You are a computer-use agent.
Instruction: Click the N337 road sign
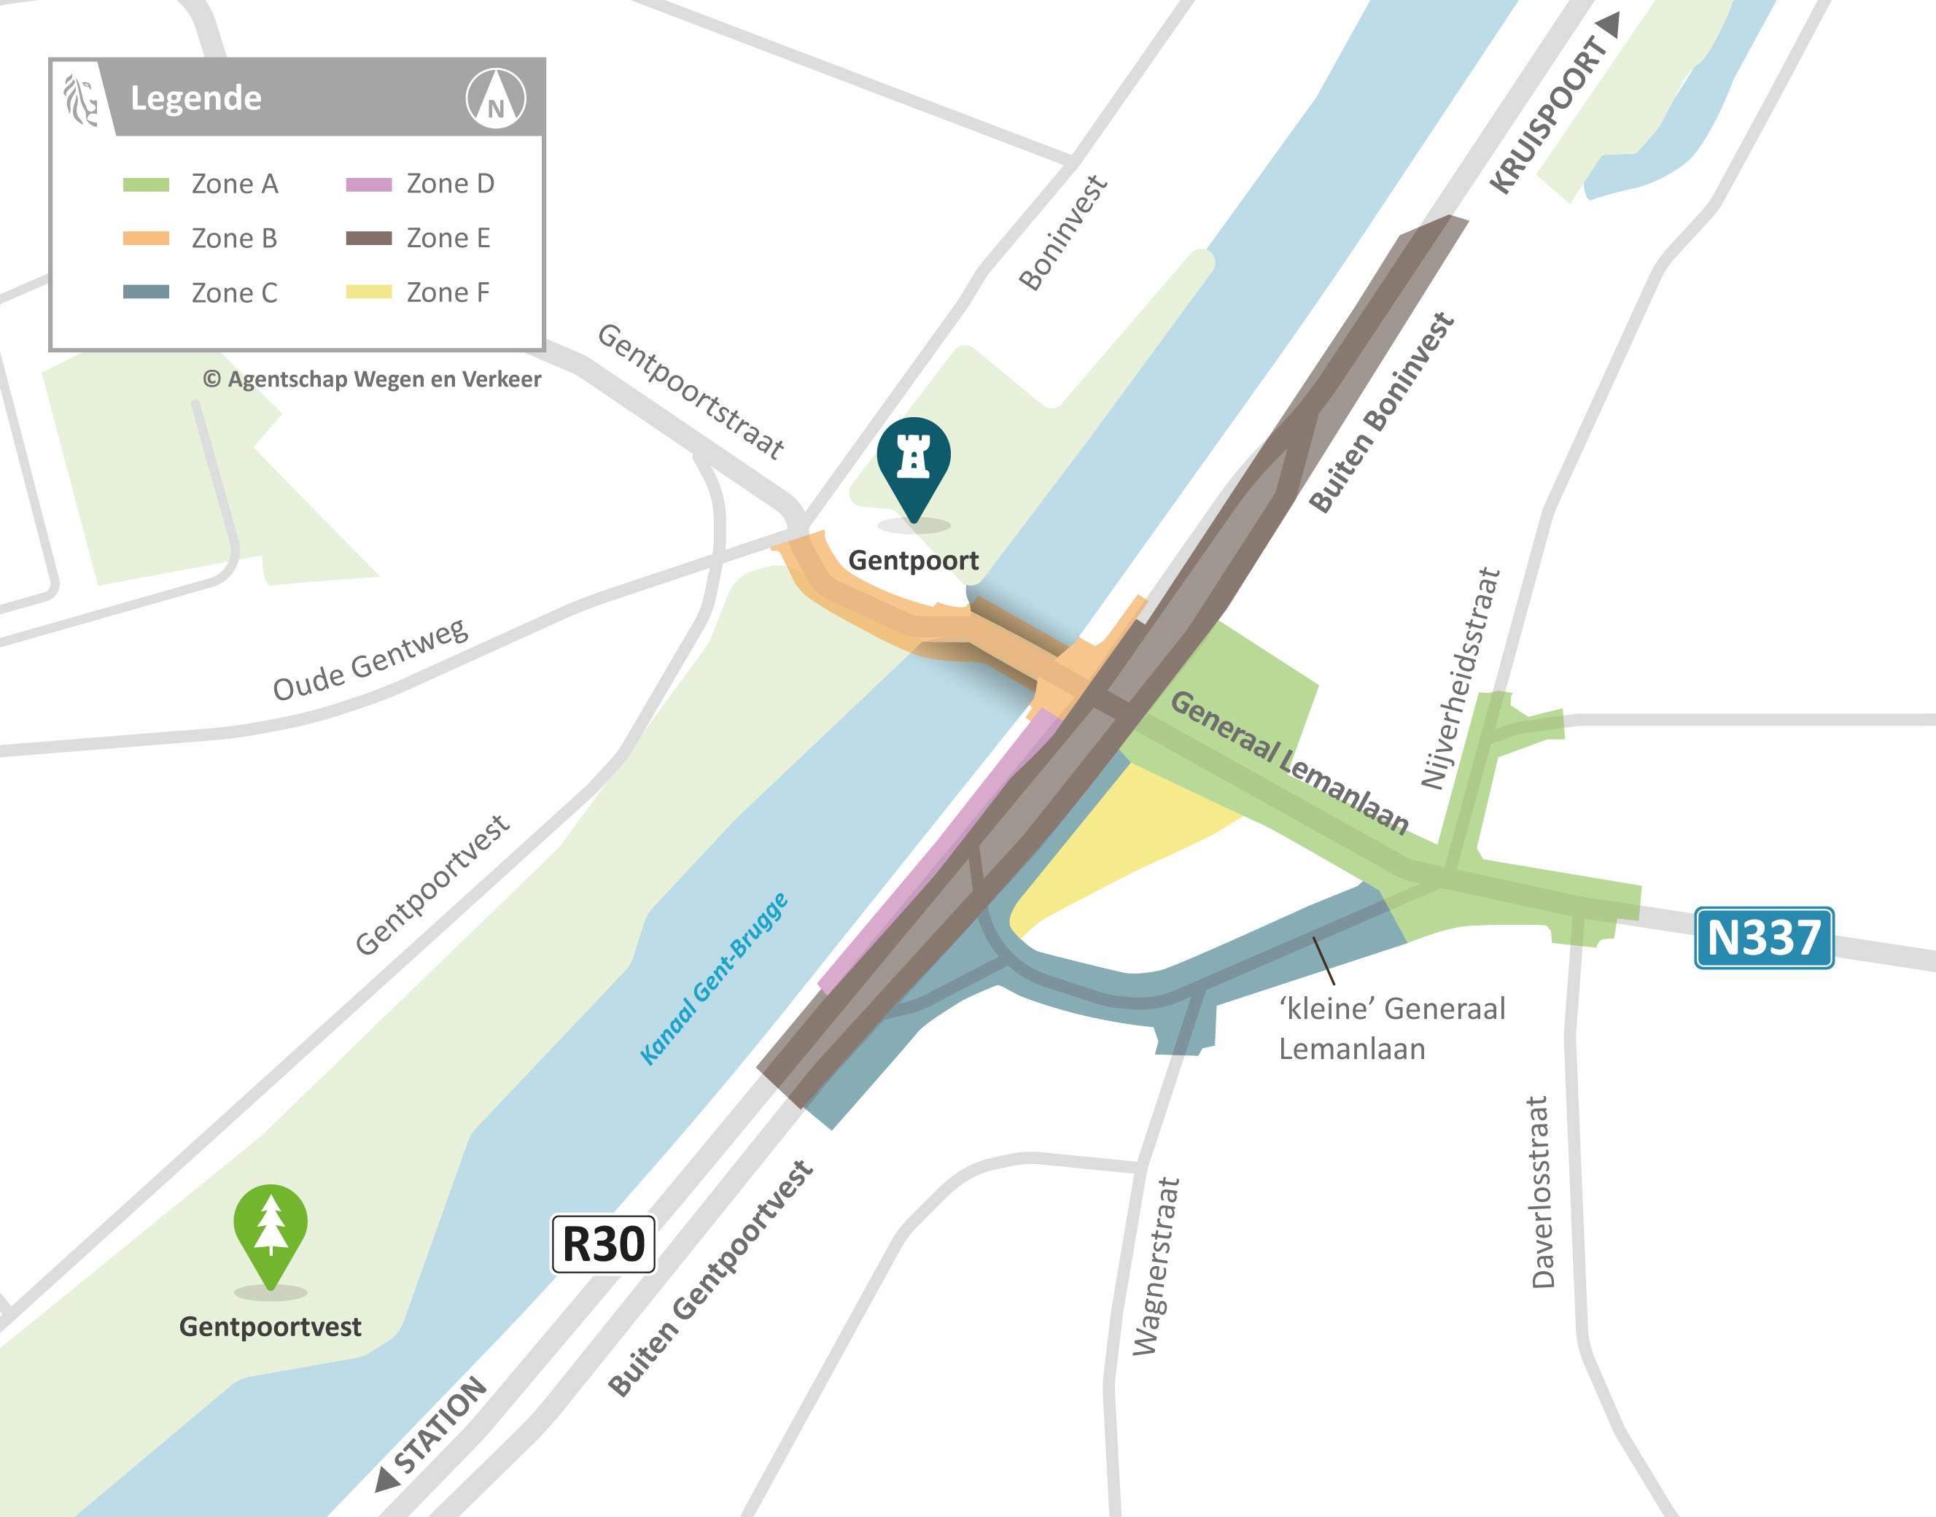1764,937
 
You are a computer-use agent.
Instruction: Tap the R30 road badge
603,1244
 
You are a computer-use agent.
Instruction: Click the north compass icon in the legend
496,98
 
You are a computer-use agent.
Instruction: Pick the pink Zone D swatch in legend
368,185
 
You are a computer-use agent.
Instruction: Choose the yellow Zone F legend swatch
368,292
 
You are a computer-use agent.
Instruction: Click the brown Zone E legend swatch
368,238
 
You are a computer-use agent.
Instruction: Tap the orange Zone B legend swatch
146,238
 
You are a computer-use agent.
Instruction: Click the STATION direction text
440,1426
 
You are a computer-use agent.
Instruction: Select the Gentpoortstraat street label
690,392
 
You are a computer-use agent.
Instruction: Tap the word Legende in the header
195,98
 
